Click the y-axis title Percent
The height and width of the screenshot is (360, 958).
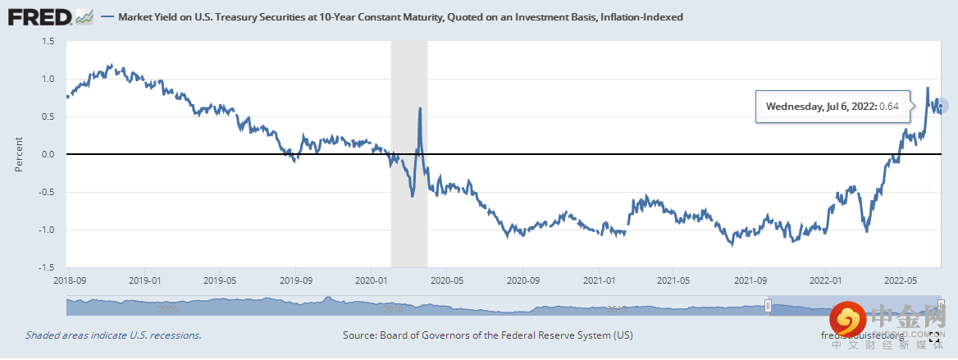click(x=18, y=154)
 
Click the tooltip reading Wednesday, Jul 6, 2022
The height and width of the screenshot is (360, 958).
click(x=832, y=107)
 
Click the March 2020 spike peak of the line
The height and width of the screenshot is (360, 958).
click(x=420, y=108)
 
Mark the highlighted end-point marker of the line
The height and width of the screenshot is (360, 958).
click(x=942, y=105)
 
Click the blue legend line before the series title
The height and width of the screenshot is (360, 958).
click(x=107, y=16)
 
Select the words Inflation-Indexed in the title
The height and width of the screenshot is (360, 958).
click(x=644, y=16)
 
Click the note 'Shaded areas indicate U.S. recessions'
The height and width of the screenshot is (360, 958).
click(x=113, y=335)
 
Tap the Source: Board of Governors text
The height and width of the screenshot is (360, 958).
click(x=487, y=335)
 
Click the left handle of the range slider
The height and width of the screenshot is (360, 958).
click(x=769, y=306)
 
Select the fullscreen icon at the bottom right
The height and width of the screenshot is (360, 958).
click(x=933, y=336)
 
